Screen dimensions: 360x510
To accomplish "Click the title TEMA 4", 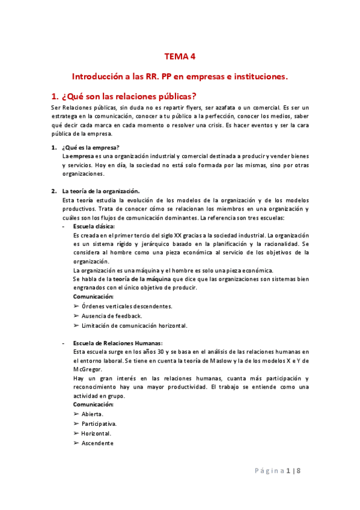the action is click(180, 57).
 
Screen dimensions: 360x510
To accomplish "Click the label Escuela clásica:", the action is click(93, 226).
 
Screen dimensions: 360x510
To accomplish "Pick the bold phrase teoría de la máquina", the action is click(139, 279).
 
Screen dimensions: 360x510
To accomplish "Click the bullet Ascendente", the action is click(97, 443).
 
